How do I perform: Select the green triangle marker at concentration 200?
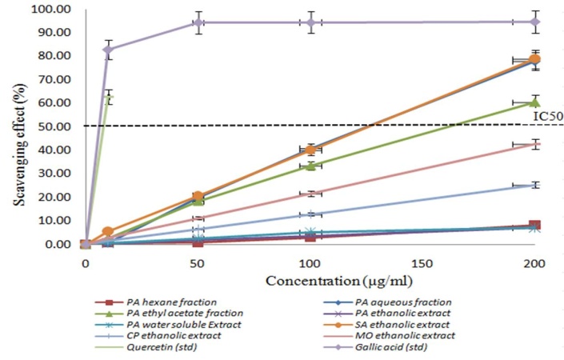(x=535, y=102)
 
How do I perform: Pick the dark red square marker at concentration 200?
(x=534, y=226)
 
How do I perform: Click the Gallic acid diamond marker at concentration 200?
(x=534, y=22)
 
